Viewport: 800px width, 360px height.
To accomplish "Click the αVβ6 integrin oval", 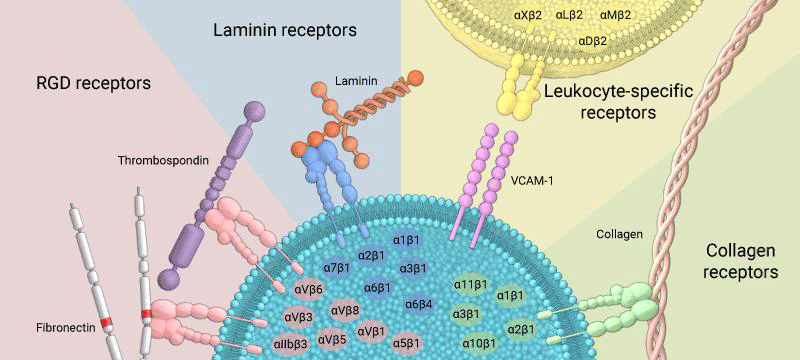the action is tap(309, 290).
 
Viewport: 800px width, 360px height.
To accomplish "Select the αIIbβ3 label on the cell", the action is tap(291, 343).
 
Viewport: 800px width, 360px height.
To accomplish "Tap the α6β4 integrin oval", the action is tap(419, 305).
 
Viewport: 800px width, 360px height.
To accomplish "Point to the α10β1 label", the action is tap(479, 343).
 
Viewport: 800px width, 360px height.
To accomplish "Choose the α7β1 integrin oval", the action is tap(337, 267).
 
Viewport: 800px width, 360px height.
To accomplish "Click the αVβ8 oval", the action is tap(346, 310).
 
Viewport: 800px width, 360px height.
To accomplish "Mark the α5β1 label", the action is tap(407, 343).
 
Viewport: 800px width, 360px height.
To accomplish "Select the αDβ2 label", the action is tap(592, 41).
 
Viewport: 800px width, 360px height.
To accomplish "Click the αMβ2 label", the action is tap(615, 16).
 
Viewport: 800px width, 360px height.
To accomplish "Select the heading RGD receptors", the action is tap(93, 83).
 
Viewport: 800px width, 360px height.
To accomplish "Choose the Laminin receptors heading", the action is tap(285, 31).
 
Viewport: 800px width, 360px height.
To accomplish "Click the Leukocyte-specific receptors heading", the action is tap(618, 101).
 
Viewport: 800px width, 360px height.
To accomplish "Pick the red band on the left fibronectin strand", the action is tap(106, 322).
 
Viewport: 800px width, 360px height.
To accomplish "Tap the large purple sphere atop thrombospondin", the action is tap(255, 112).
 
